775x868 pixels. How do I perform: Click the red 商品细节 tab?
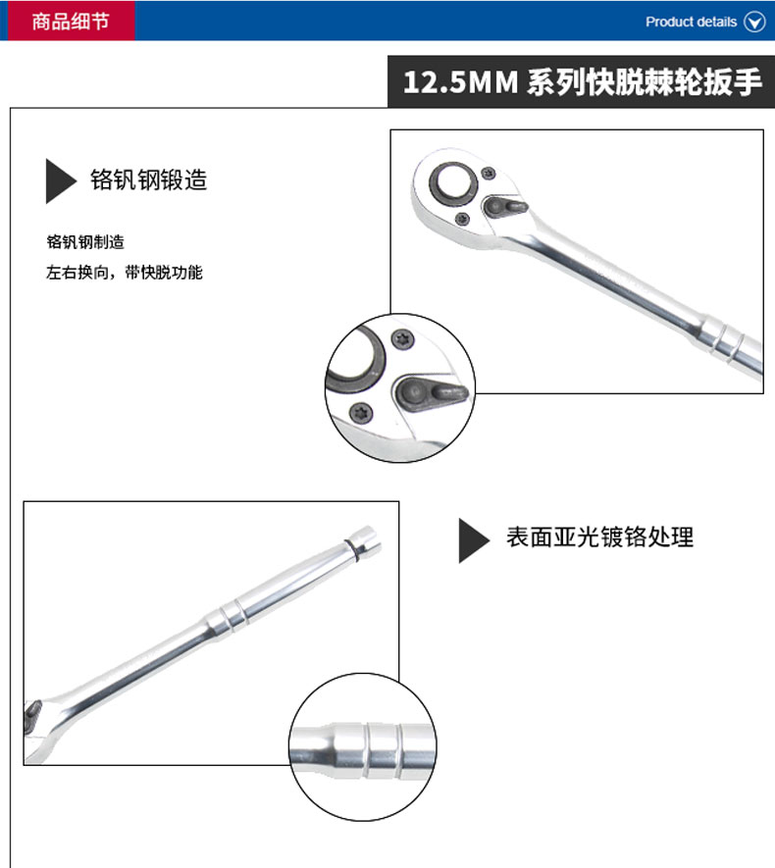[x=68, y=21]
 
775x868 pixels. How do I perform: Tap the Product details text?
[x=691, y=23]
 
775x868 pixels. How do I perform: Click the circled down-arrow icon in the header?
[x=754, y=23]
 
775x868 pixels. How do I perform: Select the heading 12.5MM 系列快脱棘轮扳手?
[x=583, y=82]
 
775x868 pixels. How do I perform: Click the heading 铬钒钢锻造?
[x=148, y=180]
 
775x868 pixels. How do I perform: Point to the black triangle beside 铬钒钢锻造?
[x=60, y=181]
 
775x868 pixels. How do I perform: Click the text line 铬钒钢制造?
[x=85, y=242]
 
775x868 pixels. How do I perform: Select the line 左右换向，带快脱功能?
[x=124, y=273]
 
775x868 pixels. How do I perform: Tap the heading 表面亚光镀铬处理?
[x=599, y=536]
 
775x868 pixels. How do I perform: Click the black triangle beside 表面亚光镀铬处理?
[x=473, y=540]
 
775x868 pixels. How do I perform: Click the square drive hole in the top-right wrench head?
[x=453, y=181]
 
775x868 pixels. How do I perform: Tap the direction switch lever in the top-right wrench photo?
[x=505, y=208]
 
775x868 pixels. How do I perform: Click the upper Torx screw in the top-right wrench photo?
[x=489, y=174]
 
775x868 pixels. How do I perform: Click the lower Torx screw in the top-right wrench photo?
[x=462, y=219]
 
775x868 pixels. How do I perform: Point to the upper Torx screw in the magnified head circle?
[x=402, y=339]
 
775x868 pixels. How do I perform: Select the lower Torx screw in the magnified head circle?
[x=361, y=413]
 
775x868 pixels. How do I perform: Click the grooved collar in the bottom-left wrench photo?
[x=228, y=615]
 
